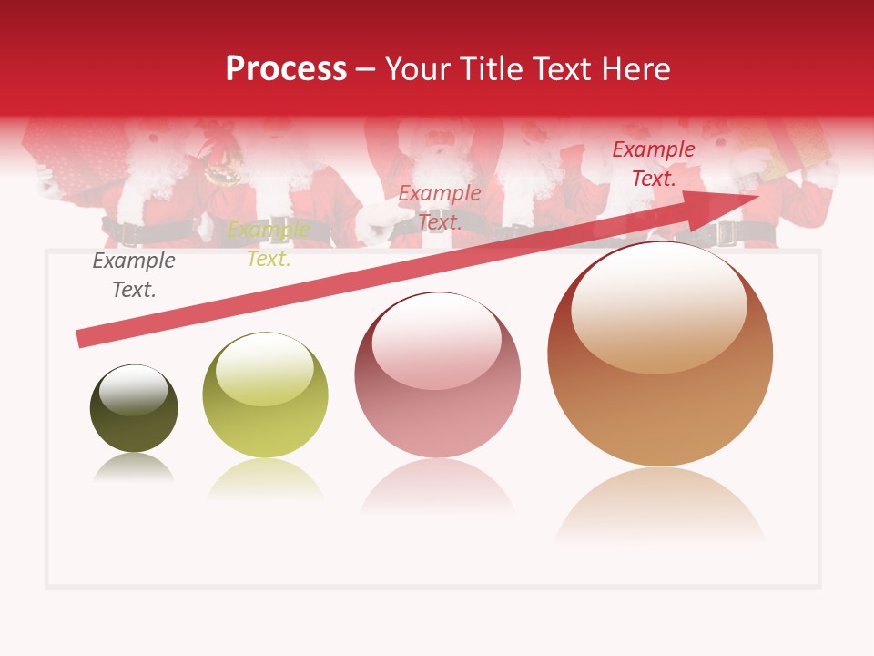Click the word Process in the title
pos(286,69)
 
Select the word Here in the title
pos(635,69)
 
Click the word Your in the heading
pos(421,69)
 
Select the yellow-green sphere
pos(265,395)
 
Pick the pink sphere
pos(438,374)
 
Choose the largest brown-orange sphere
pos(660,354)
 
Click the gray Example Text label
pos(133,275)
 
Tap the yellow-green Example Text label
pos(269,244)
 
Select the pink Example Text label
pos(440,207)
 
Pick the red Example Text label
pos(654,164)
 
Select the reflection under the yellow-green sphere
pos(265,477)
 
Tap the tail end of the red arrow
pos(82,338)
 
